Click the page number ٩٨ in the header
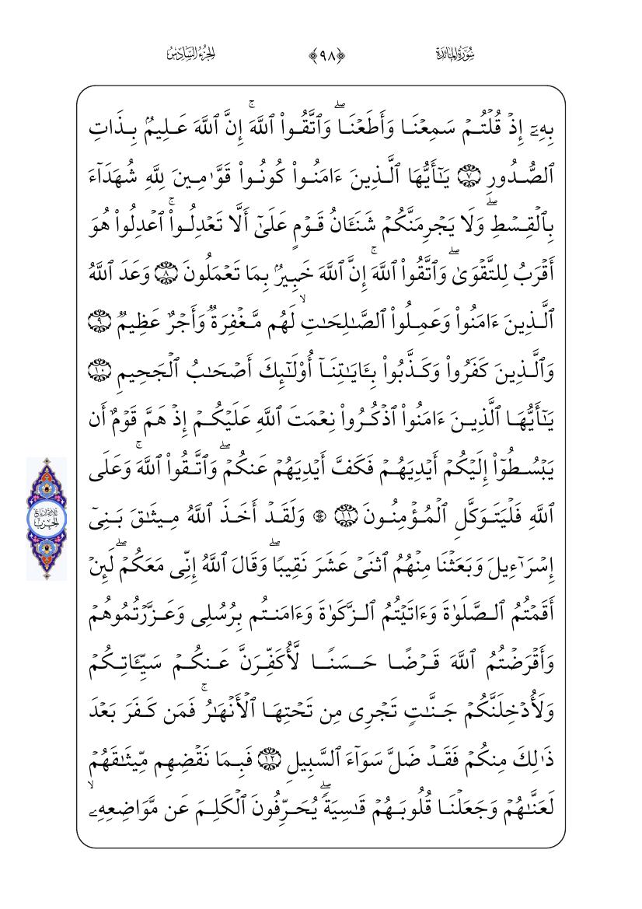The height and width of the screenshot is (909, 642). (322, 54)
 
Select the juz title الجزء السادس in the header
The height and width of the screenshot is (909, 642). (190, 54)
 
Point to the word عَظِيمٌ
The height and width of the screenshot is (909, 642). (150, 317)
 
